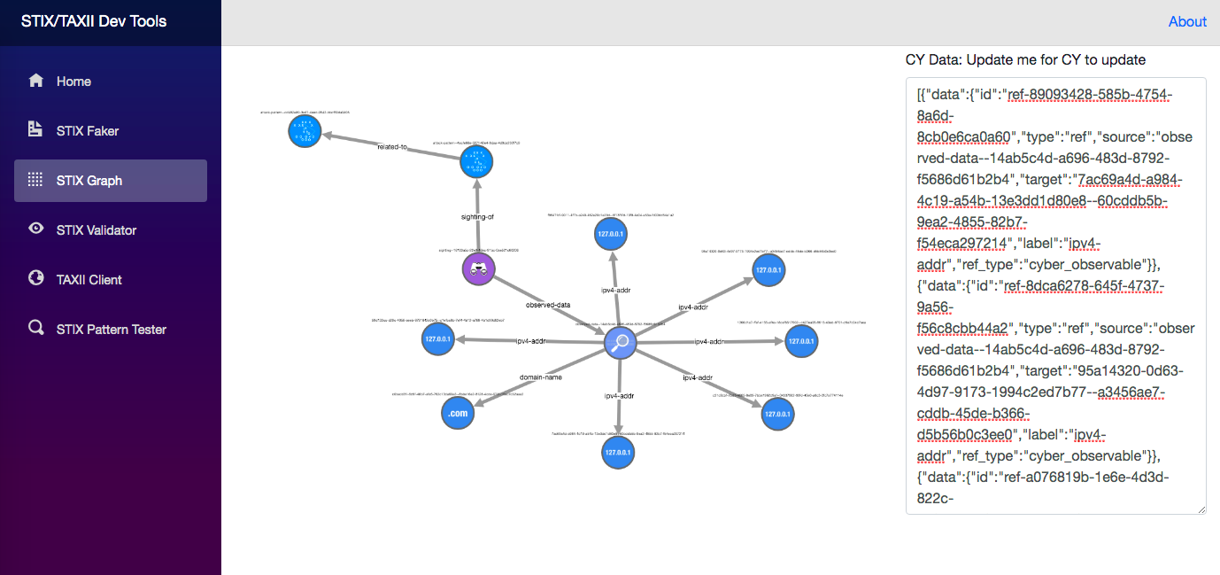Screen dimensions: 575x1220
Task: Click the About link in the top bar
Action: (1186, 22)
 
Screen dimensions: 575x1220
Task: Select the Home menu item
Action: (73, 82)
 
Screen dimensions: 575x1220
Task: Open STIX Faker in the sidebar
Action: (87, 131)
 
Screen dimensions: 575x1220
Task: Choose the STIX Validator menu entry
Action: (96, 230)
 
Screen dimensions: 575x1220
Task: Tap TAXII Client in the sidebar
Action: (89, 280)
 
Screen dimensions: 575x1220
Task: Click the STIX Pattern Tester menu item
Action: (111, 330)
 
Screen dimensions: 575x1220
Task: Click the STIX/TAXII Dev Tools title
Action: (94, 21)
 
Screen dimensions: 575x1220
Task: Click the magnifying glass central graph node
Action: (621, 342)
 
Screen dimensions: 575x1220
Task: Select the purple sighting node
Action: (478, 270)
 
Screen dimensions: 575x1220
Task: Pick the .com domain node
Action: (457, 413)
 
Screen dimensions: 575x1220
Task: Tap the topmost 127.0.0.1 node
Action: (612, 235)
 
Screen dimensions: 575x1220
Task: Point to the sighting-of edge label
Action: (478, 215)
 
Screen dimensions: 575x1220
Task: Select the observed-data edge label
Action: (548, 305)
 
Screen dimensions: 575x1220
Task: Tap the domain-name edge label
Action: (540, 377)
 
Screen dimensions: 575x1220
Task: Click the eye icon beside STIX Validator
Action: (36, 229)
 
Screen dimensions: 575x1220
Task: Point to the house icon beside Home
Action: (36, 81)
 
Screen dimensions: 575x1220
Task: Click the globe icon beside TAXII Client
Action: (36, 278)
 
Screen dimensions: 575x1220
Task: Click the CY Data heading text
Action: (1025, 60)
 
